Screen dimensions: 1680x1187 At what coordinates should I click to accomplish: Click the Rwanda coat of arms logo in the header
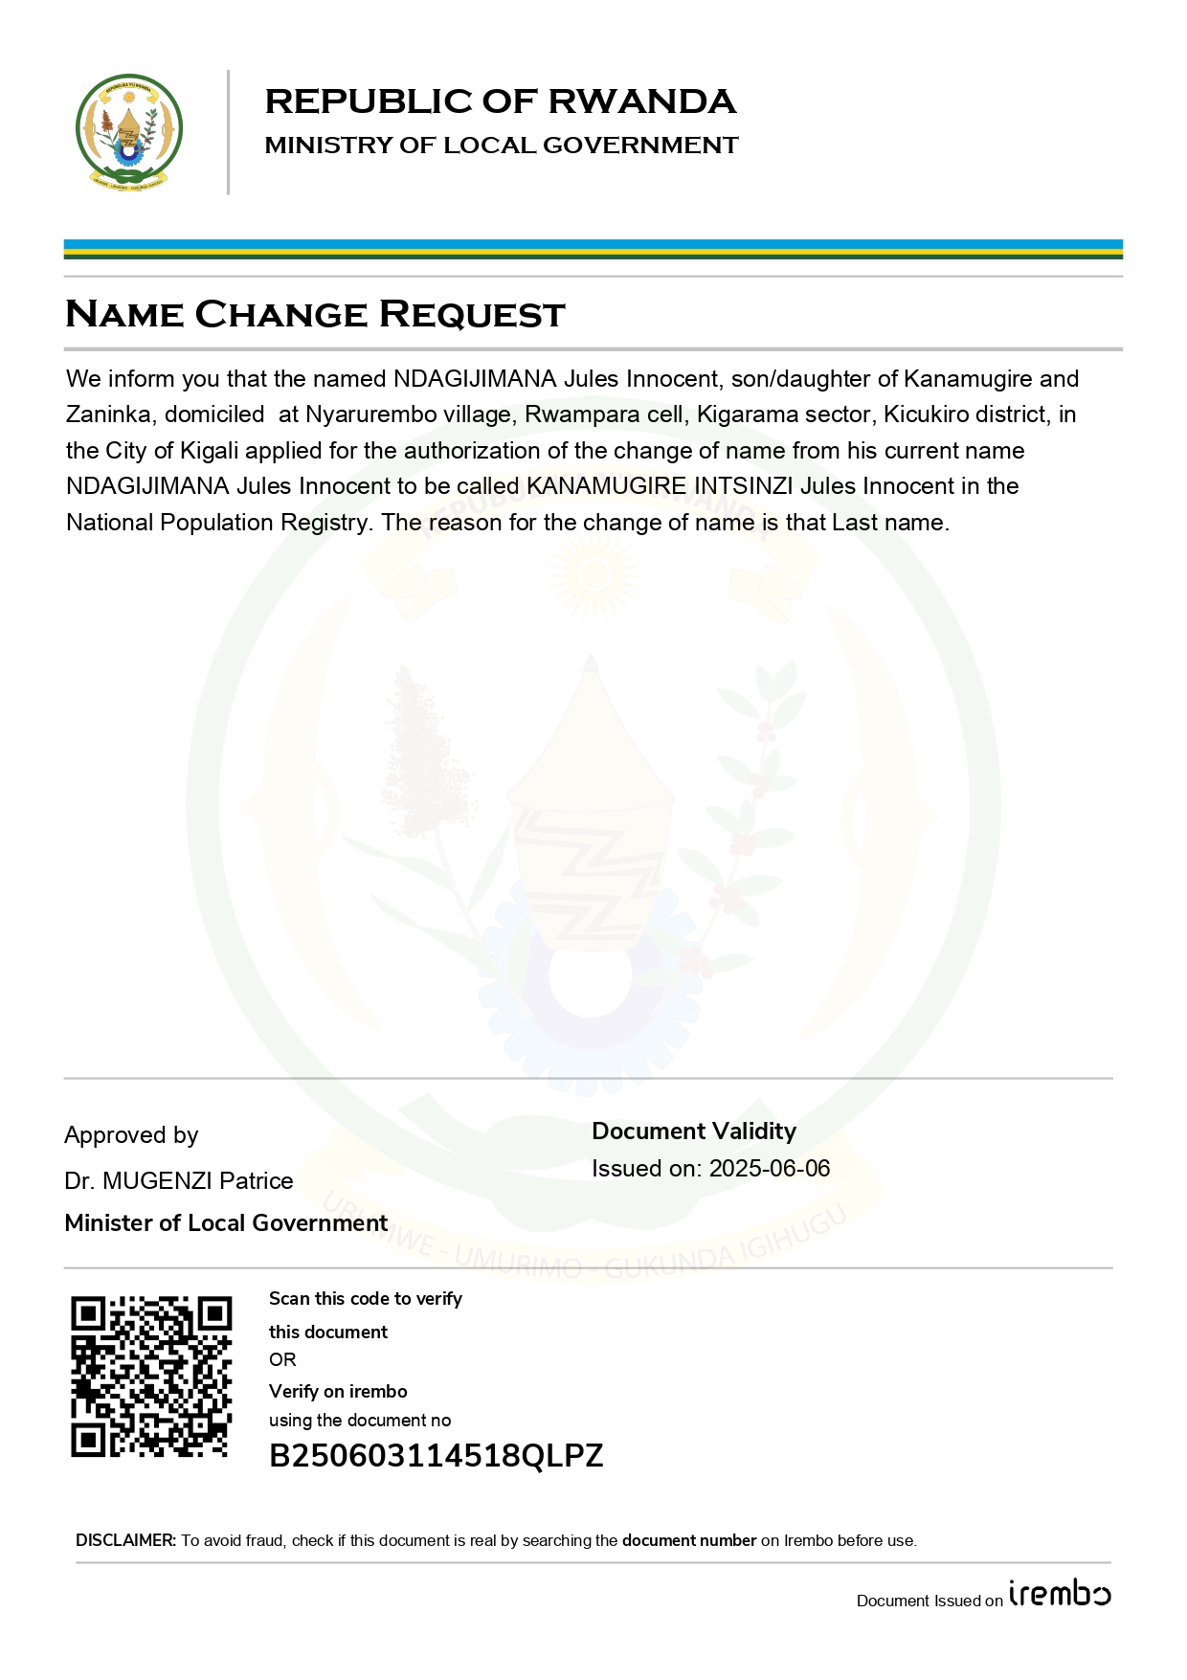click(x=129, y=132)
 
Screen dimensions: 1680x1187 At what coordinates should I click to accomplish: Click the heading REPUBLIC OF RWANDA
click(x=500, y=101)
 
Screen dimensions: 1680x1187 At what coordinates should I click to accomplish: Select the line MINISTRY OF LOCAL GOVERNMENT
click(x=502, y=146)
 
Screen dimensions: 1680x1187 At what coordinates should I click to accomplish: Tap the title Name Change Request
click(x=315, y=314)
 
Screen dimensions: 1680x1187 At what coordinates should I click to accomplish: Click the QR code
click(x=151, y=1377)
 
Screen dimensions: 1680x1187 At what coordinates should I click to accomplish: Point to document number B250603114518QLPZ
click(x=436, y=1456)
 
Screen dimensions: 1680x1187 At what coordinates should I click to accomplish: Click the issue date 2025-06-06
click(x=770, y=1169)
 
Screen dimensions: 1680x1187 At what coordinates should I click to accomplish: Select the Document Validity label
click(x=694, y=1131)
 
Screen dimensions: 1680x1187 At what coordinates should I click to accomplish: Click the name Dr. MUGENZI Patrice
click(x=179, y=1181)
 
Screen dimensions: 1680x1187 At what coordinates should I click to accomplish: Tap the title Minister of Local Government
click(x=226, y=1223)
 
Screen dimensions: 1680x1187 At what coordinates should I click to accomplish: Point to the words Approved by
click(x=131, y=1135)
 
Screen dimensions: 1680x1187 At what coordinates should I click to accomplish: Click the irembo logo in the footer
click(x=1060, y=1594)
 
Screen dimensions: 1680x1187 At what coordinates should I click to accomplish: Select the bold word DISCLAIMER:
click(x=126, y=1540)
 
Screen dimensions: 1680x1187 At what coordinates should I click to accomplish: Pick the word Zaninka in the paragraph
click(x=108, y=414)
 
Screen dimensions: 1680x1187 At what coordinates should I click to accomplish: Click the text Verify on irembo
click(x=338, y=1392)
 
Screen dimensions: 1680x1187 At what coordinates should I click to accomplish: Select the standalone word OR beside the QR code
click(x=282, y=1360)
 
